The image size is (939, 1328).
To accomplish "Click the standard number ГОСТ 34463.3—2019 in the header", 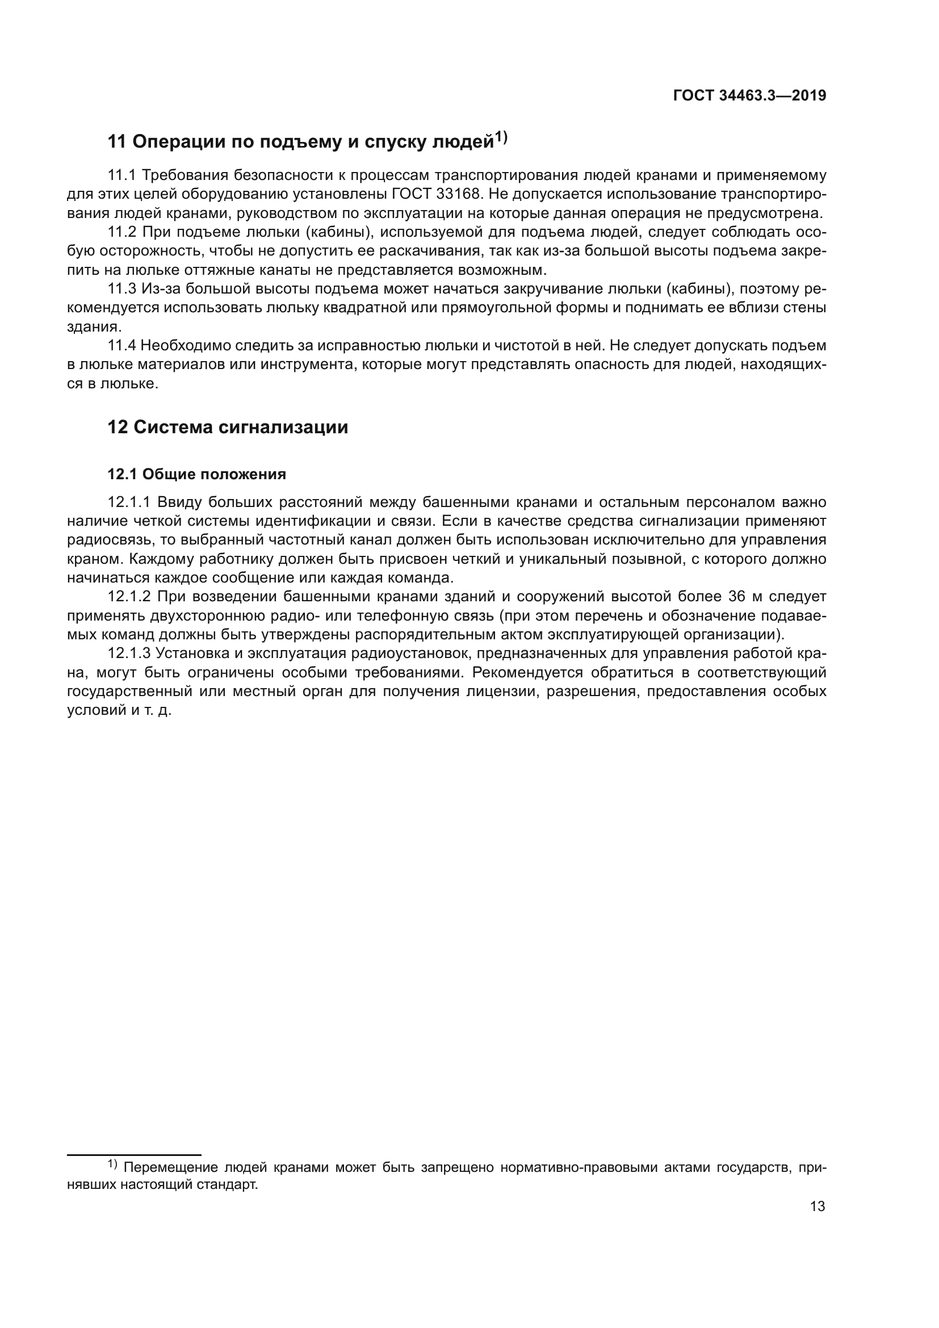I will (749, 96).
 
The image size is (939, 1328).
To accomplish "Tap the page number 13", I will (818, 1206).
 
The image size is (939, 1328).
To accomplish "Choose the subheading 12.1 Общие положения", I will (196, 474).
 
